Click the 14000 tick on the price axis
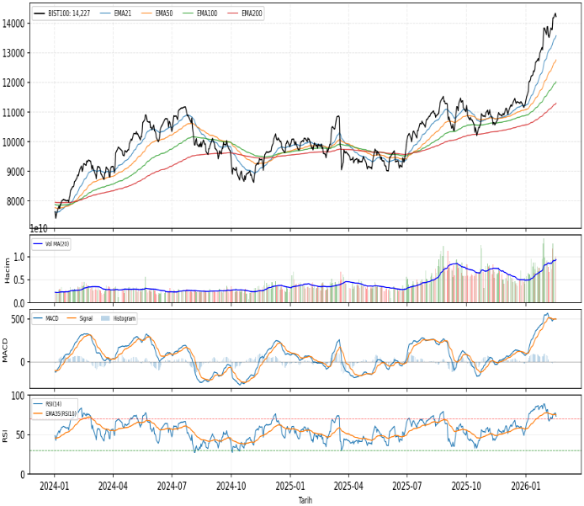pos(14,24)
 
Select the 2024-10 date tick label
pos(231,487)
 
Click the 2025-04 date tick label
pos(348,487)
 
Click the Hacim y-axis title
pos(6,269)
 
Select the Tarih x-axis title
pos(305,500)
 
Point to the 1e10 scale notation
pos(39,229)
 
